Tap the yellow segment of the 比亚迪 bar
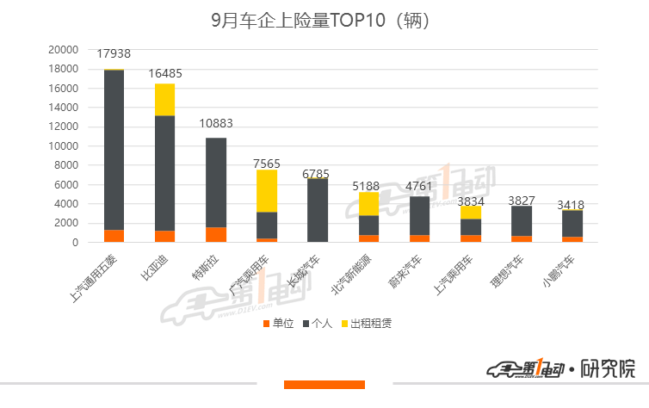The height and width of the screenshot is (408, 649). pos(164,99)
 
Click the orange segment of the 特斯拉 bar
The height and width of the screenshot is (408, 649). pos(216,234)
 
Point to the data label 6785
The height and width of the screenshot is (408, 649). pos(318,174)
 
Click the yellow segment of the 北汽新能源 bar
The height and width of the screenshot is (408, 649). pos(368,203)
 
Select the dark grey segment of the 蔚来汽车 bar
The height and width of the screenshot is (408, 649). pos(420,215)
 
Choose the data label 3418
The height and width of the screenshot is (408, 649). pos(572,205)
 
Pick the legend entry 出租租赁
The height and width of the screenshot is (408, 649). pos(371,324)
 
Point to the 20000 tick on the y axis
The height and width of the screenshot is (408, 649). pos(65,50)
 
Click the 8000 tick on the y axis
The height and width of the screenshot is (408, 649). pos(68,165)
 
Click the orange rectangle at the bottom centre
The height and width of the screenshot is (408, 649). pos(324,384)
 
